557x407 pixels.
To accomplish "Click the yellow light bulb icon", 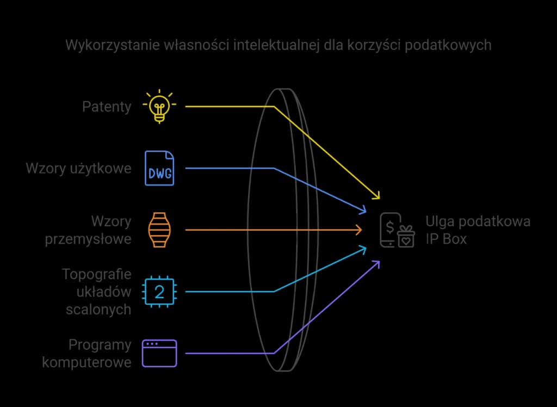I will tap(159, 106).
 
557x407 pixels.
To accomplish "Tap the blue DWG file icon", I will tap(159, 168).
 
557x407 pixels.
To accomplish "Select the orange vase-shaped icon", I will tap(159, 230).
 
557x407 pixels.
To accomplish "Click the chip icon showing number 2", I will tap(159, 292).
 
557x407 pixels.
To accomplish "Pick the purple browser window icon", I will tap(159, 354).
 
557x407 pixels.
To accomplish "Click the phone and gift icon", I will tap(397, 230).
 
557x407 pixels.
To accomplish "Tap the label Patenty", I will tap(107, 107).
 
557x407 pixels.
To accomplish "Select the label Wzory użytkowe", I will tap(78, 169).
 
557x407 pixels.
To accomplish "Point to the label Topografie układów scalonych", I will tap(96, 292).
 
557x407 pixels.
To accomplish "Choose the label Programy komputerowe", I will tap(87, 353).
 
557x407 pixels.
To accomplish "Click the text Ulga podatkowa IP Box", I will tap(478, 230).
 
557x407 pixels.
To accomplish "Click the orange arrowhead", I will tap(358, 230).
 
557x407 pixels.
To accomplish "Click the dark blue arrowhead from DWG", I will tap(363, 211).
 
